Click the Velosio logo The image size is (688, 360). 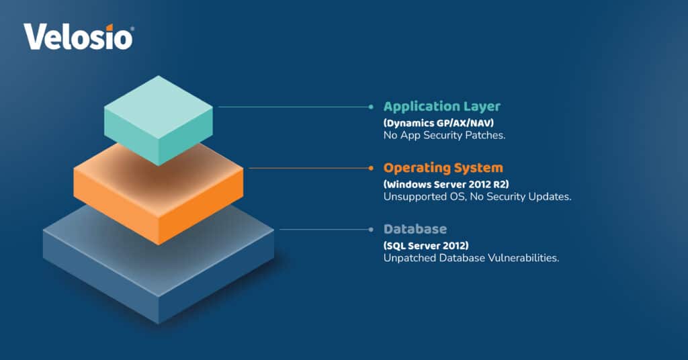coord(78,37)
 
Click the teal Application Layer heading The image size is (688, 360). coord(441,106)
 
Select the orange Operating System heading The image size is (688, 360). coord(443,167)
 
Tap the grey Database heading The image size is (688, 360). coord(415,229)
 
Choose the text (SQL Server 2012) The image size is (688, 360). coord(426,244)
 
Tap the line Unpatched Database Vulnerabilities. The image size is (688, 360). coord(471,259)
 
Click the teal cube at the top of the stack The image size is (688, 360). coord(159,118)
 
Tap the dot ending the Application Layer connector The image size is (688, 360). coord(370,106)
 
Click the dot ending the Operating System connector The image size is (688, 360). coord(370,168)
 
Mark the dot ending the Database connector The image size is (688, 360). coord(370,229)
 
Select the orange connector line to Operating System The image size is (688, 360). coord(309,168)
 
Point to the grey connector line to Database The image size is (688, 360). coord(322,229)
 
